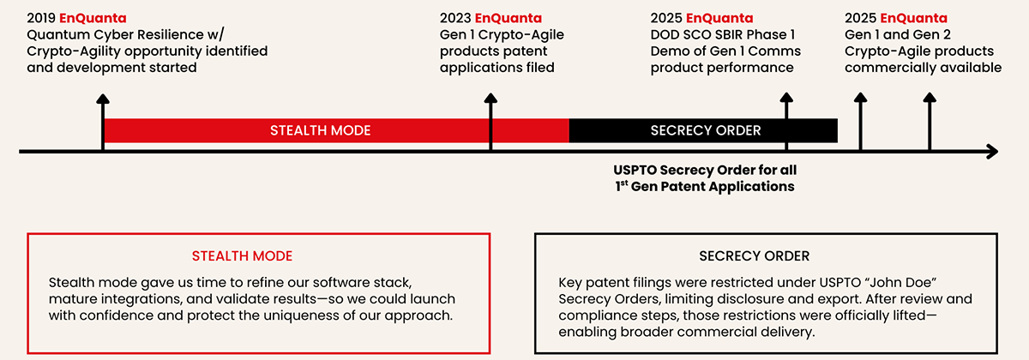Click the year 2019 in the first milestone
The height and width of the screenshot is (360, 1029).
pos(41,18)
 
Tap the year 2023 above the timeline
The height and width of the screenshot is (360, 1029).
pos(454,18)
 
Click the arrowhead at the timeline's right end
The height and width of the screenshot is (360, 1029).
pos(991,152)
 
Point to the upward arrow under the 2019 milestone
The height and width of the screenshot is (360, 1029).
pos(103,120)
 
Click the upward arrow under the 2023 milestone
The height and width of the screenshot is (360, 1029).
pos(490,120)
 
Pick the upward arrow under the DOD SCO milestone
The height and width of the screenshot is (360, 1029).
pos(786,120)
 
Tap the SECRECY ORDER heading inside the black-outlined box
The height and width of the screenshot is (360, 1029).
pos(754,256)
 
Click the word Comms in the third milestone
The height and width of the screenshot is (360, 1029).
pos(779,51)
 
